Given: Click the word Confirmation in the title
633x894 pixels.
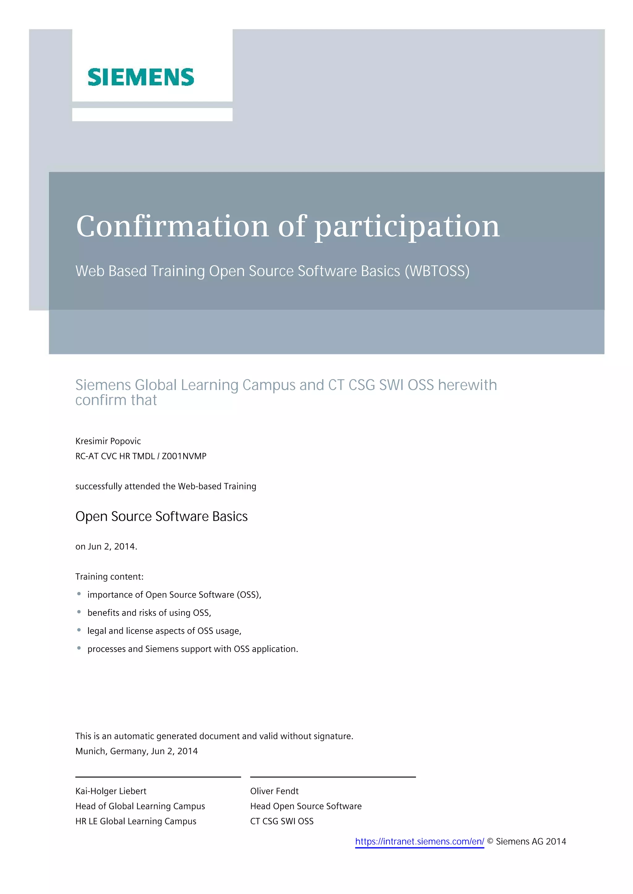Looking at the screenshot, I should (172, 226).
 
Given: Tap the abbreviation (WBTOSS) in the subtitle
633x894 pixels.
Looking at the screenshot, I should (437, 271).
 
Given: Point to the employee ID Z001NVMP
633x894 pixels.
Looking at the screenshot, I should (184, 456).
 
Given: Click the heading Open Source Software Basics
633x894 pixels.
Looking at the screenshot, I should (161, 516).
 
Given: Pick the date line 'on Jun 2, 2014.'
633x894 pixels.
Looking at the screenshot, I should (106, 547).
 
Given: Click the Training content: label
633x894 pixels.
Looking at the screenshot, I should (109, 577).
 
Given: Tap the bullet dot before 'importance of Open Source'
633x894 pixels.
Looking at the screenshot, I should (79, 594).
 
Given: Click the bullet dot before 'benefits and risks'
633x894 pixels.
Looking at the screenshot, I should (79, 612).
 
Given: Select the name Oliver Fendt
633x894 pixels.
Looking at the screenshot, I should (274, 791).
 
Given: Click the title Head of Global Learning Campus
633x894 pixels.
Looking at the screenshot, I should (140, 806).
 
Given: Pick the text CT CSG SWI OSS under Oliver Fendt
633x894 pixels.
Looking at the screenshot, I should (282, 821).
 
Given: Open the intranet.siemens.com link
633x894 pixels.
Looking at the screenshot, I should (419, 842).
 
